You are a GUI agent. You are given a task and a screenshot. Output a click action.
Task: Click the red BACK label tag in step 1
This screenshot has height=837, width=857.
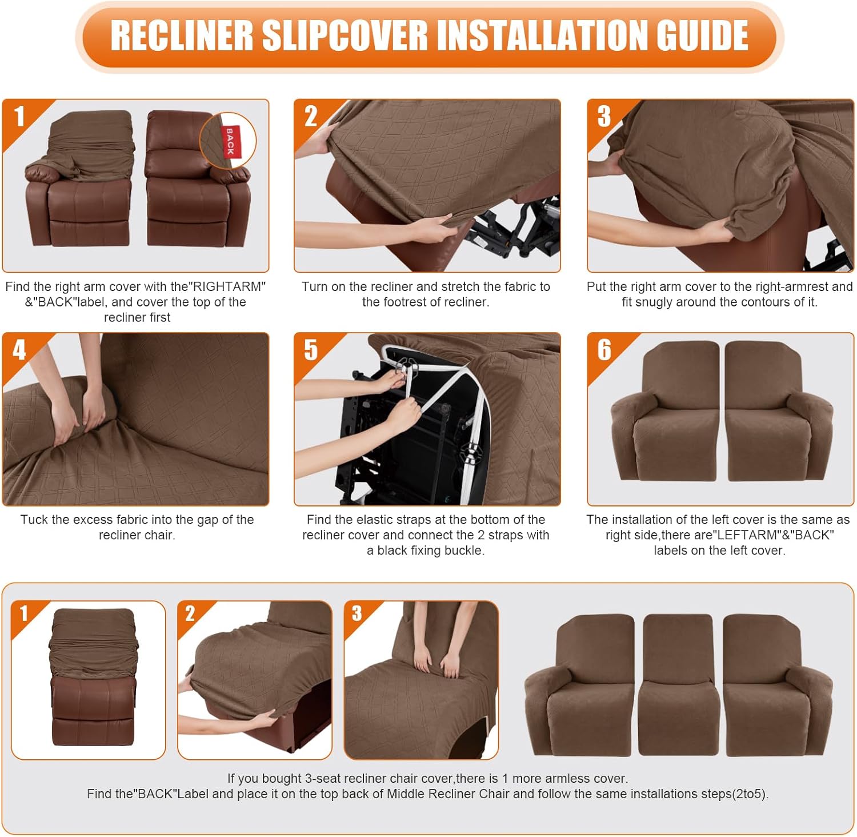point(230,141)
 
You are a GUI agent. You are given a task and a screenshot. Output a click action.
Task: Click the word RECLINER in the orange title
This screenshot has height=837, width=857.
point(182,36)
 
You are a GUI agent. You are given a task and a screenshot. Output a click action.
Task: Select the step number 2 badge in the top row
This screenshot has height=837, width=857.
point(311,117)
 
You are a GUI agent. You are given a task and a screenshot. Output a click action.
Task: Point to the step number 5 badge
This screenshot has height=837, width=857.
point(311,350)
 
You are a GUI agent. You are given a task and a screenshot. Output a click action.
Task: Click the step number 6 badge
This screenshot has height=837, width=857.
point(604,350)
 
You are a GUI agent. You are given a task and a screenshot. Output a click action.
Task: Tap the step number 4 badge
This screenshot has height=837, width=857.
point(19,350)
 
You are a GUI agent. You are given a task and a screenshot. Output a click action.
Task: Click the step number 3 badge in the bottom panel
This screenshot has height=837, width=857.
point(357,613)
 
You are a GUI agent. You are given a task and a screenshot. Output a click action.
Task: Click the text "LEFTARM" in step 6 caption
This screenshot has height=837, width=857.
point(747,535)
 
